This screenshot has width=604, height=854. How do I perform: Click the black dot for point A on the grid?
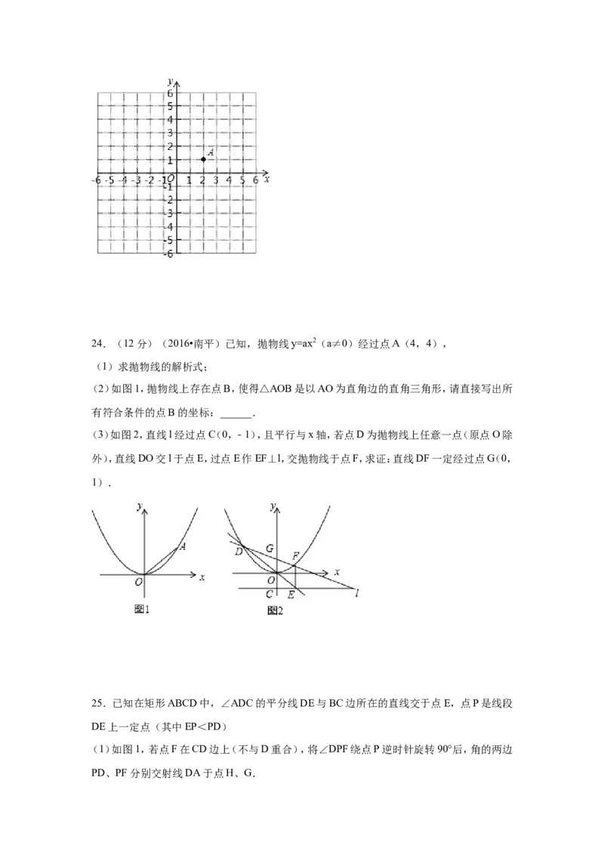(x=203, y=159)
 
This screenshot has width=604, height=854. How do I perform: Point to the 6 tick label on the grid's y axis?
(x=171, y=92)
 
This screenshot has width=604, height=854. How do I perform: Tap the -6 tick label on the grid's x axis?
(x=96, y=181)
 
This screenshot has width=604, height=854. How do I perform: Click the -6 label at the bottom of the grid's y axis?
(x=169, y=253)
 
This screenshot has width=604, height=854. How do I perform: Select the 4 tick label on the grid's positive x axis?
(x=229, y=181)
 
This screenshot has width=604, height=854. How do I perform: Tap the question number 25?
(x=97, y=703)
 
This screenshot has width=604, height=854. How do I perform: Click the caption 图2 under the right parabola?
(x=275, y=610)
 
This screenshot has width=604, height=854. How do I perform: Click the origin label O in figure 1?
(x=138, y=582)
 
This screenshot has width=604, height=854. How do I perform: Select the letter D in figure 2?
(x=238, y=553)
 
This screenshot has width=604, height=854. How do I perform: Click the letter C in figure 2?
(x=270, y=594)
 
